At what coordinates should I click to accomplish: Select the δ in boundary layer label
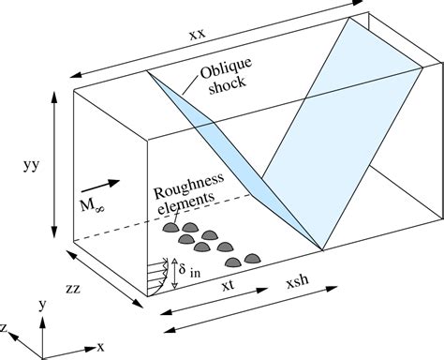195,273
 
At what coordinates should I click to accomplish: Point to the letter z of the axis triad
6,327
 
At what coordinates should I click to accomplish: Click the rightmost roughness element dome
252,257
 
